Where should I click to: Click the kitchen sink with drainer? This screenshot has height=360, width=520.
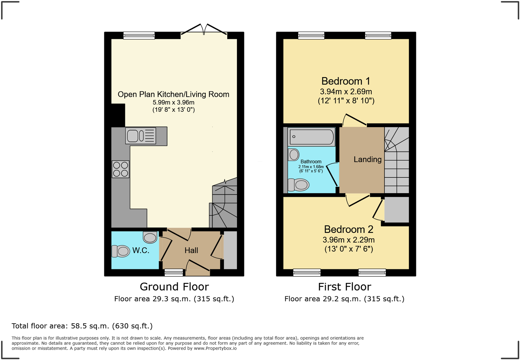point(141,136)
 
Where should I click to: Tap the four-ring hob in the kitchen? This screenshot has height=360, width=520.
point(120,169)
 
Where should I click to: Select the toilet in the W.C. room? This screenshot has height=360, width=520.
point(121,251)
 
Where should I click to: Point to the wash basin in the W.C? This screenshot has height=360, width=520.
point(150,237)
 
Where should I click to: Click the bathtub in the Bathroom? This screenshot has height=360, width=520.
point(311,137)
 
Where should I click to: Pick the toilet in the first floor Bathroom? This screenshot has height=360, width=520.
point(298,185)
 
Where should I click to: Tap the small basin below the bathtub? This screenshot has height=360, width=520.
point(294,155)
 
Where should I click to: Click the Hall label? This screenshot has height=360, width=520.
point(191,251)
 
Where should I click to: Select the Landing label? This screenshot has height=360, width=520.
point(367,159)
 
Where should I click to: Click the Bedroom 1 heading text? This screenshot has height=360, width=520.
point(346,81)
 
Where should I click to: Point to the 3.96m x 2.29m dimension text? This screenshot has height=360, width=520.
point(348,240)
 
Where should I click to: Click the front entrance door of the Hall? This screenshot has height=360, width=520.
point(197,267)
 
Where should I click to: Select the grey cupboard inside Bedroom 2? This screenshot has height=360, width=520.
point(397,210)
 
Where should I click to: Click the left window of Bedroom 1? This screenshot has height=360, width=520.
point(311,35)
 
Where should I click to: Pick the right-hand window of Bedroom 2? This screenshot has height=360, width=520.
point(372,273)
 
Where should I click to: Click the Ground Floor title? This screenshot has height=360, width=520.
point(174,287)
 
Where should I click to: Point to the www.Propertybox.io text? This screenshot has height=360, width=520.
point(215,348)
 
